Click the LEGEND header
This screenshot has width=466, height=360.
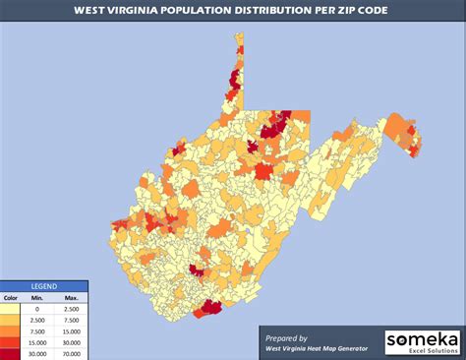click(43, 285)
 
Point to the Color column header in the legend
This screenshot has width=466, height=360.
click(11, 298)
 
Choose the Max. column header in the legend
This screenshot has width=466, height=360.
click(72, 298)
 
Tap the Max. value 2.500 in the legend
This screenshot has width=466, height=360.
click(72, 310)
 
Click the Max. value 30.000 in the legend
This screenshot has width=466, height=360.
click(72, 342)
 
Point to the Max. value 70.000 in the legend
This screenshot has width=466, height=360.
click(72, 353)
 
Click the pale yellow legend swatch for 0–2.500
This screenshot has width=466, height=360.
click(11, 310)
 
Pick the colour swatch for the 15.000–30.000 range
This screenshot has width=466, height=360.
click(11, 342)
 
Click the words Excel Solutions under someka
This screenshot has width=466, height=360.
click(427, 350)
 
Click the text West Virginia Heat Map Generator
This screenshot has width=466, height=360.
click(314, 348)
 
